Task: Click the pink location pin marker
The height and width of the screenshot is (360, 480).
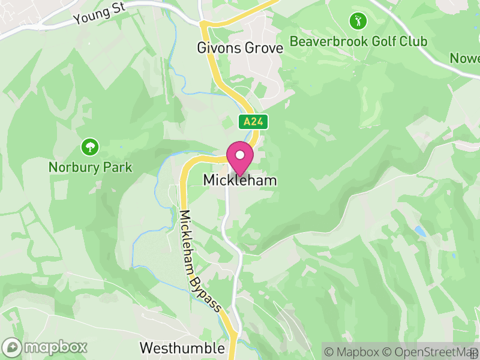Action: point(240,158)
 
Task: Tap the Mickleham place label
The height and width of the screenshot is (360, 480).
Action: point(240,180)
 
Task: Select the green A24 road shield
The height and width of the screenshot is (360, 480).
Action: point(253,122)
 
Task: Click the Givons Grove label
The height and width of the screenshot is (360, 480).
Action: point(240,48)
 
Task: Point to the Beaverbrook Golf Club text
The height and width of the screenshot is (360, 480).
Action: point(358,41)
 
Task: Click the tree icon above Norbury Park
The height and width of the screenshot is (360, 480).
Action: point(90,146)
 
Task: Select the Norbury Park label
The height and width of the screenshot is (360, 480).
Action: point(90,167)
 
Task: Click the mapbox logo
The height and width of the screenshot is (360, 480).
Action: point(45,347)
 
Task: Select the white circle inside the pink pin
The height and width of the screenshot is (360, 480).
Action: point(240,155)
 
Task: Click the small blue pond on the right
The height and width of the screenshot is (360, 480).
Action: point(419,231)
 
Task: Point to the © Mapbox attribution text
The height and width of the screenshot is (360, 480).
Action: point(351,351)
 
